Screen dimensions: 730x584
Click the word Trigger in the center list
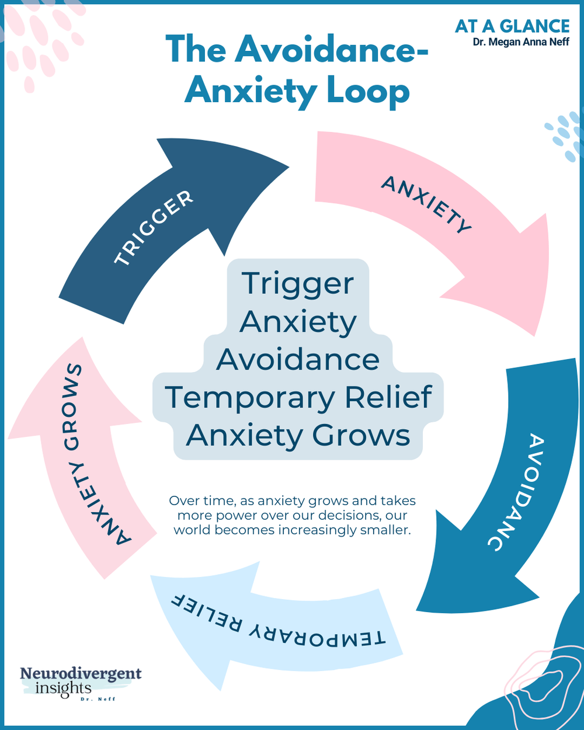pos(298,284)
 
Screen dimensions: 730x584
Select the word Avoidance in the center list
pos(298,359)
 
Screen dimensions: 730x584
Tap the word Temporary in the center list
pos(249,398)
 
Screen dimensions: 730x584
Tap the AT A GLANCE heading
pos(512,26)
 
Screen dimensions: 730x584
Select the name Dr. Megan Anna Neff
pos(521,42)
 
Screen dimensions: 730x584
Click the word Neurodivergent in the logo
pos(81,673)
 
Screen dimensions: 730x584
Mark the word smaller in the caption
pos(385,530)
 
